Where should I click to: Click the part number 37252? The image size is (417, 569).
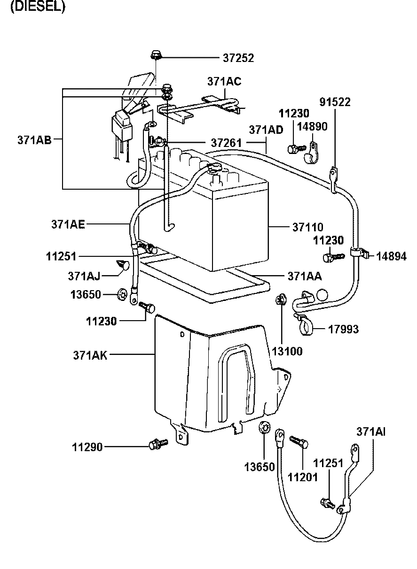tap(238, 58)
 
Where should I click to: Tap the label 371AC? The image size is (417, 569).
tap(224, 81)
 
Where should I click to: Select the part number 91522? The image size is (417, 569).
tap(335, 102)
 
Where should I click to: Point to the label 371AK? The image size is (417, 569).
tap(90, 355)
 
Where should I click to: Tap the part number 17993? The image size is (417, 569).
tap(343, 330)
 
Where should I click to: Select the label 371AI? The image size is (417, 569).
tap(371, 431)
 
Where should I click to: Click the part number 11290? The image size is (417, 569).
tap(87, 448)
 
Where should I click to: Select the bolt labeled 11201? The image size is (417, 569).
tap(299, 441)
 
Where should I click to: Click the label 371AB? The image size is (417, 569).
tap(34, 139)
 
